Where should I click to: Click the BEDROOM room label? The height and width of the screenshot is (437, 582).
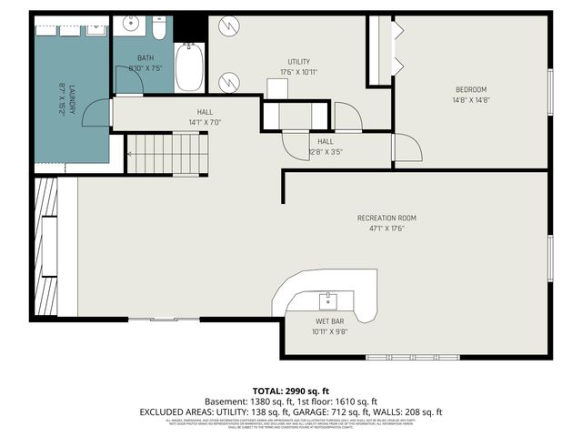(471, 89)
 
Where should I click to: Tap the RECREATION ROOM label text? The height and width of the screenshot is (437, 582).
(386, 218)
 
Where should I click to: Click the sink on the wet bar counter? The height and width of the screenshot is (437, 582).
(328, 299)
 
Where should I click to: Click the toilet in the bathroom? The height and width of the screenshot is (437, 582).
(158, 31)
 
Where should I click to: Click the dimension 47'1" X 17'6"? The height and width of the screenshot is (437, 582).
(386, 229)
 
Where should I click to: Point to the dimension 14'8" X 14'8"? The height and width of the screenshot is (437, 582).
(471, 100)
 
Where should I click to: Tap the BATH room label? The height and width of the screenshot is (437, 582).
(145, 57)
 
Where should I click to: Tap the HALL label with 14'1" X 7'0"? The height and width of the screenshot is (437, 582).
(205, 112)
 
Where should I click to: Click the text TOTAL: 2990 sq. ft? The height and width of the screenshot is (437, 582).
(291, 390)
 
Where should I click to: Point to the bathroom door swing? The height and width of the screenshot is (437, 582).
(130, 80)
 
